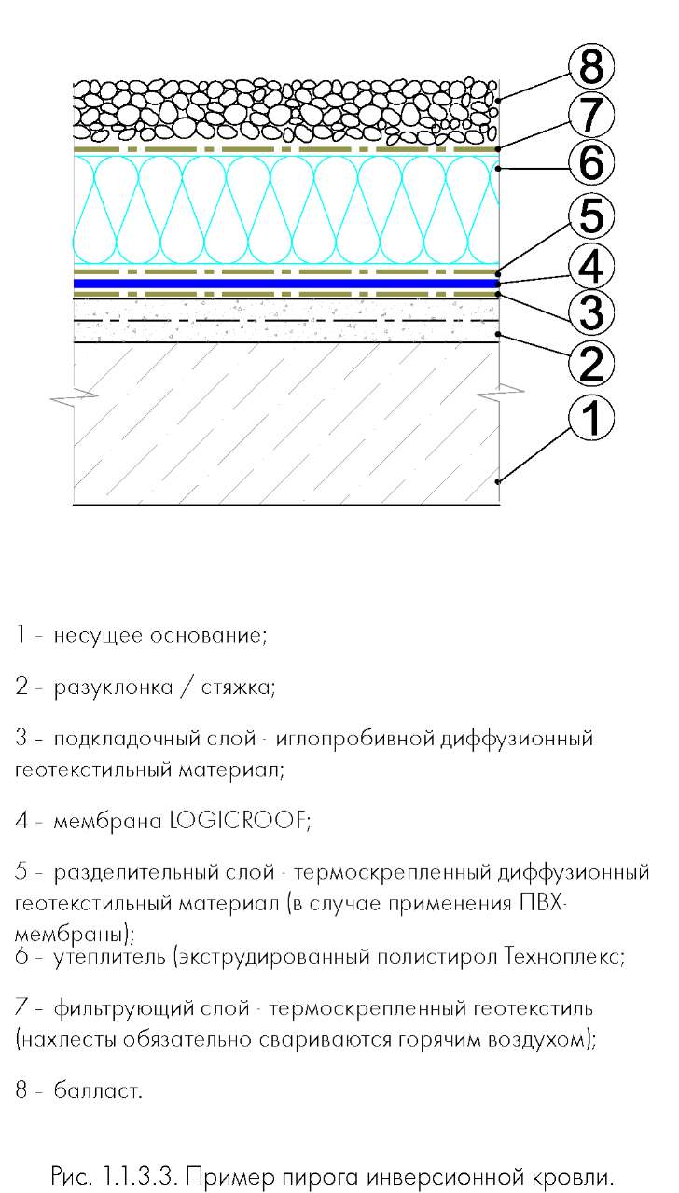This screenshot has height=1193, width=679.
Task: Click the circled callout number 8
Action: click(591, 66)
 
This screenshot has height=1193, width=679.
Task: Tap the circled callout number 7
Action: click(591, 115)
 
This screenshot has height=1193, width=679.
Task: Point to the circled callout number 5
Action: click(591, 215)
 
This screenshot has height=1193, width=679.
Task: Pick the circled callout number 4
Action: click(591, 266)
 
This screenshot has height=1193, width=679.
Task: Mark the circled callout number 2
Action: click(591, 365)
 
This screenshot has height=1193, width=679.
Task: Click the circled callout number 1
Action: click(591, 418)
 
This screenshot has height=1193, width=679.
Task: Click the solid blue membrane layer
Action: click(286, 284)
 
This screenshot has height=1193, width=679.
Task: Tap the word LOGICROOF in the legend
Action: click(240, 820)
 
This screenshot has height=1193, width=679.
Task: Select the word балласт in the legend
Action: click(98, 1090)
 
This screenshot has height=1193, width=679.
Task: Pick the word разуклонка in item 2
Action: click(114, 687)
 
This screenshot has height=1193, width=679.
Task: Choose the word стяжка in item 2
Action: click(238, 687)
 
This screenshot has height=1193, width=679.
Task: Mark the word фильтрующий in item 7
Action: click(151, 1008)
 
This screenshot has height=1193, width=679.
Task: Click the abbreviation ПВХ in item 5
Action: click(542, 903)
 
